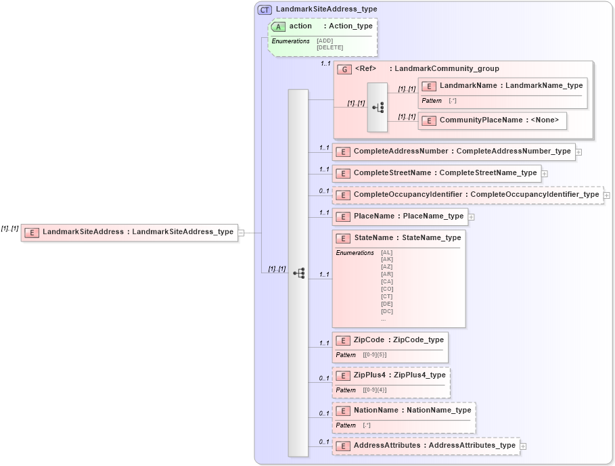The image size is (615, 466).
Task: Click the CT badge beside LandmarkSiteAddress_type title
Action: tap(265, 9)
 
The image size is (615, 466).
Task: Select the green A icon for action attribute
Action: tap(278, 26)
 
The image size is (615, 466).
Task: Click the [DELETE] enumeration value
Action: tap(329, 47)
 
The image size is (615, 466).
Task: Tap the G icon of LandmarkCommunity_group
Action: tap(344, 69)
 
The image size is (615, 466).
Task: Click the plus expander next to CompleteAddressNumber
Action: tap(579, 152)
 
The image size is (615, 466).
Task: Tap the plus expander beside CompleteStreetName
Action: tap(545, 174)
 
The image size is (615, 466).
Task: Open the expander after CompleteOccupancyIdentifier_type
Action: tap(606, 195)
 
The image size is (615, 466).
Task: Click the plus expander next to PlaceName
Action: tap(472, 217)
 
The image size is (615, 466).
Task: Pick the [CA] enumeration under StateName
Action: tap(387, 281)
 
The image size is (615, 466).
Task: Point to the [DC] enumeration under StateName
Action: tap(387, 311)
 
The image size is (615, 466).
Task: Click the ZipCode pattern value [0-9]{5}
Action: tap(375, 355)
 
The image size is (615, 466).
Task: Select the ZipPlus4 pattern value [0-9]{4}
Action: tap(375, 390)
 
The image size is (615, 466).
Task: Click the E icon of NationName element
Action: tap(343, 411)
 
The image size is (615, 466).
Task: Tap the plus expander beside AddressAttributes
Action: tap(523, 446)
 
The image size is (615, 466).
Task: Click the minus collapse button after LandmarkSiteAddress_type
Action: tap(241, 233)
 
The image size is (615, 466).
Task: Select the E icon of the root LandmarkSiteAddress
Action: tap(31, 233)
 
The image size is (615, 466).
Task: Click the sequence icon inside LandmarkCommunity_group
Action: tap(378, 108)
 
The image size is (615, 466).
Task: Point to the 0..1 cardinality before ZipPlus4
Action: tap(323, 378)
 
